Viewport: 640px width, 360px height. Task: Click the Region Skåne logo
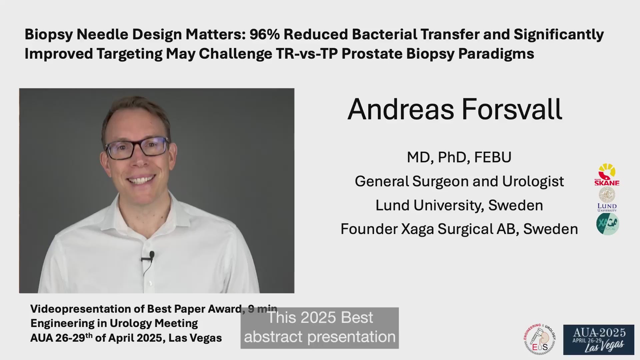607,175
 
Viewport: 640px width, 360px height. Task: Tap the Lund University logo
607,199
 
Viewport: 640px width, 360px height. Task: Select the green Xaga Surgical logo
607,224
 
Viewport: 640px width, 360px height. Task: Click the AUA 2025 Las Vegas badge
599,340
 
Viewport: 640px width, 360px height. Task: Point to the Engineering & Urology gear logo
540,339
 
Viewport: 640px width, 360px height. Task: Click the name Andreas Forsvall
455,109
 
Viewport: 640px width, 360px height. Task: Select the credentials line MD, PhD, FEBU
459,157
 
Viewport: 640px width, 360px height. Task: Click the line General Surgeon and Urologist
459,181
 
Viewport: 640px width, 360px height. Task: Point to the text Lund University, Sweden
459,205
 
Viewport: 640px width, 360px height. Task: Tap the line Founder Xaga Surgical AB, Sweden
459,229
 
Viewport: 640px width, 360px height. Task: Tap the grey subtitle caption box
320,328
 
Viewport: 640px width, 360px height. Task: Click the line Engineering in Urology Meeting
114,323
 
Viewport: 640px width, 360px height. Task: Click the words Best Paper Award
194,309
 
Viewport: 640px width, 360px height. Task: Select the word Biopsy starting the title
49,35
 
